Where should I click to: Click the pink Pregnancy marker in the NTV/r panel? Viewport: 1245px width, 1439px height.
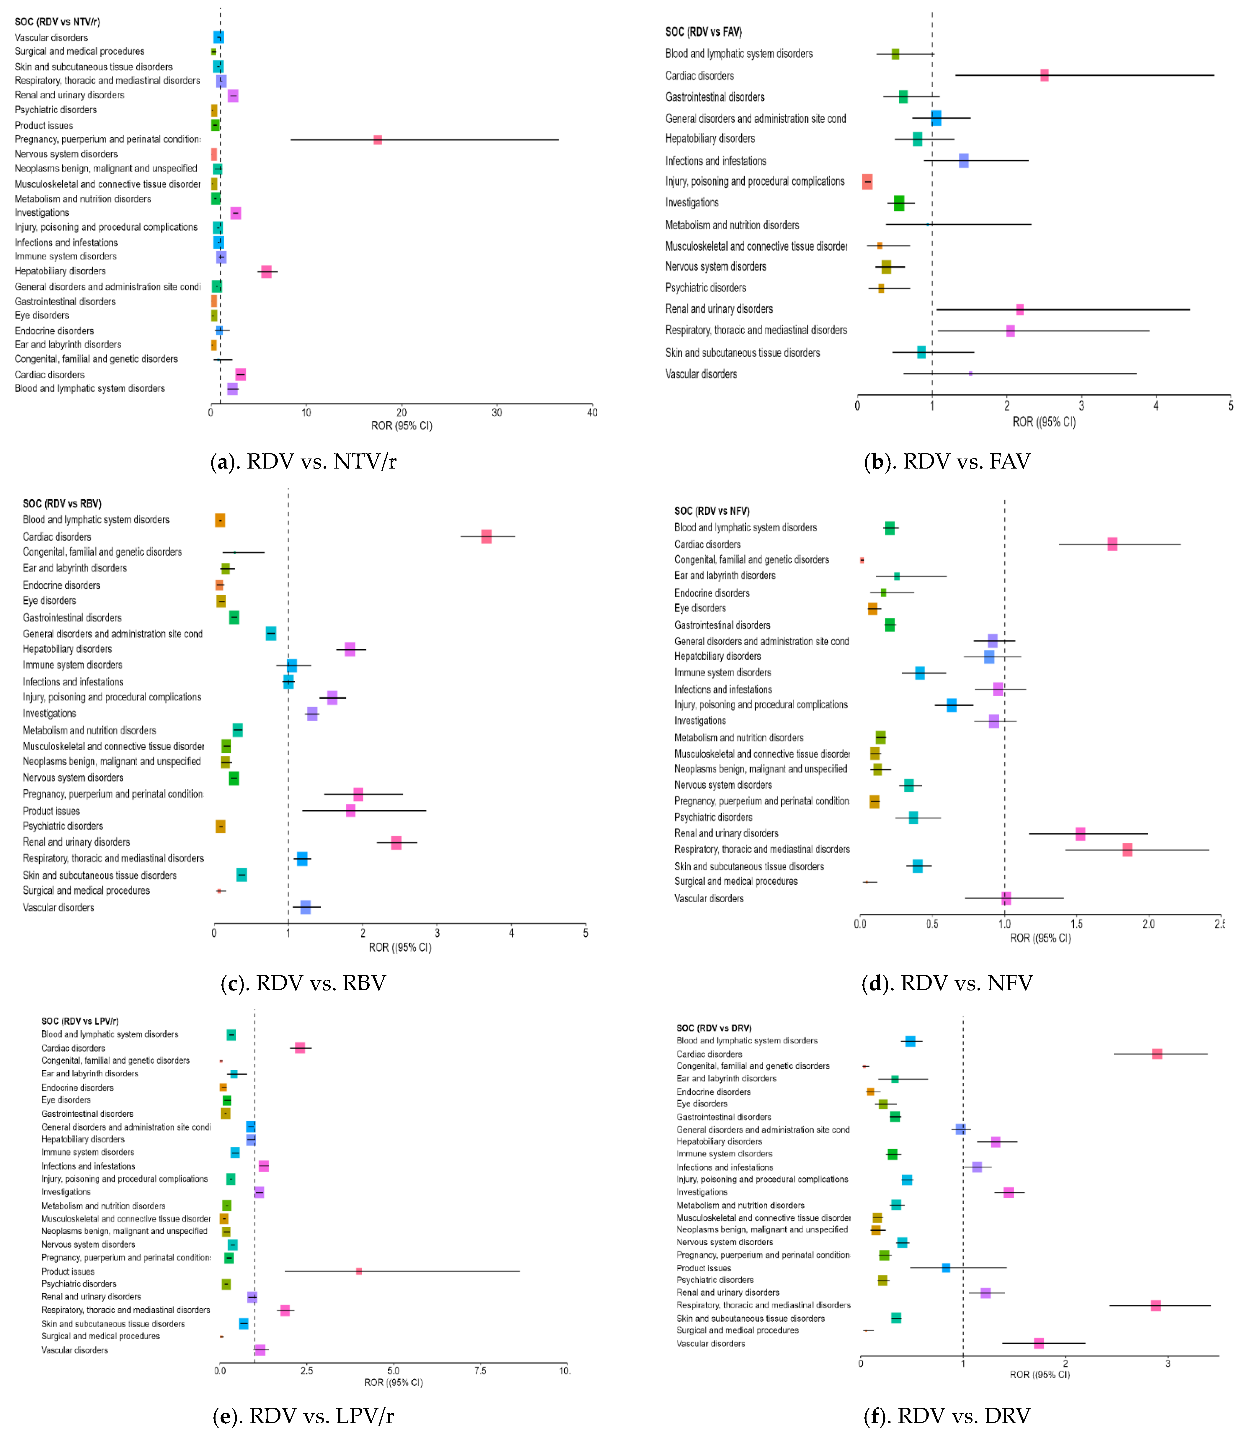(377, 140)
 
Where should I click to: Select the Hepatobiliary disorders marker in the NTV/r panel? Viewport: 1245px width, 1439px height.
(266, 271)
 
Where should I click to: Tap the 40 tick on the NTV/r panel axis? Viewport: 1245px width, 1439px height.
(592, 412)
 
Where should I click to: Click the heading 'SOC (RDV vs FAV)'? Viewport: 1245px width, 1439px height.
(703, 32)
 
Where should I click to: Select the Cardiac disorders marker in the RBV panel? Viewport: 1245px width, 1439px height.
(486, 536)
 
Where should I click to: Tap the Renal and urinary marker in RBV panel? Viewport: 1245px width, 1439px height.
(396, 842)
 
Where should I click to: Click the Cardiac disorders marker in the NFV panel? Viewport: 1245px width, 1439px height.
(1112, 544)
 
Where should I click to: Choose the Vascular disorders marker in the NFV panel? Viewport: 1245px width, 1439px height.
(1005, 898)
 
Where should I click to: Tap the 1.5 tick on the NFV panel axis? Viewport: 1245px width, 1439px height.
(1076, 924)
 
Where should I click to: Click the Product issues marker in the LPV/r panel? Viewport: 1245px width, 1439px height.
(358, 1271)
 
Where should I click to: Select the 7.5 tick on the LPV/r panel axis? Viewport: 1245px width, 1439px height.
(480, 1371)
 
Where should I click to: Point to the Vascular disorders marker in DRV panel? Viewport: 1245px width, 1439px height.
(1039, 1343)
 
